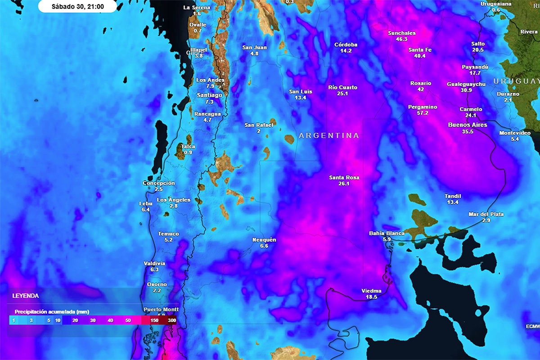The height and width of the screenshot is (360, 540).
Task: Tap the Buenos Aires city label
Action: coord(468,125)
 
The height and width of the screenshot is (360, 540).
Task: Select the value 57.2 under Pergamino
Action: coord(423,113)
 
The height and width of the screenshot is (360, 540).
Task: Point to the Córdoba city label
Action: coord(346,45)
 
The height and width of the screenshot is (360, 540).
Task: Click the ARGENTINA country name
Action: coord(329,135)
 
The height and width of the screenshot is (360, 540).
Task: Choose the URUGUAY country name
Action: coord(516,81)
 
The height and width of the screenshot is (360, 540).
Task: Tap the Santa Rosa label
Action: coord(344,177)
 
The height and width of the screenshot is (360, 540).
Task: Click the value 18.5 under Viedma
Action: coord(371,297)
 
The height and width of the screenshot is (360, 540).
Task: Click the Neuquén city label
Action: coord(264,239)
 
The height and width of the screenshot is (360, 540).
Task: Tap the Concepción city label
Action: coord(158,183)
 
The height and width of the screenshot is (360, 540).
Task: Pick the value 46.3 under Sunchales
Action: coord(401,39)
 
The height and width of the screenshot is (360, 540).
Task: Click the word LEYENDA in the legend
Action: coord(26,296)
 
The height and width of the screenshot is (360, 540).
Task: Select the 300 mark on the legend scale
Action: coord(172,320)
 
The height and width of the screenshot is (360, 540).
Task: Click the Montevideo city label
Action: coord(515,133)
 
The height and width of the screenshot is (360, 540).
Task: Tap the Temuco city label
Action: coord(168,234)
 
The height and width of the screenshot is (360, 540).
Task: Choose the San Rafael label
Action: coord(258,125)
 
